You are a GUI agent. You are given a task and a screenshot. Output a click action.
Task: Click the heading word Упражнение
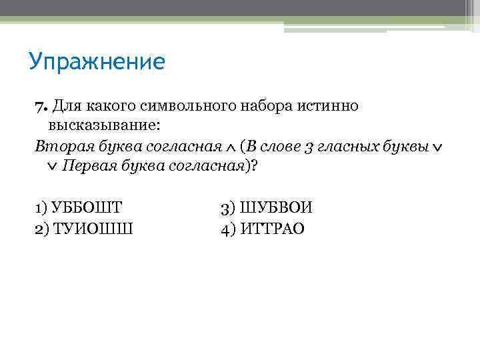click(97, 62)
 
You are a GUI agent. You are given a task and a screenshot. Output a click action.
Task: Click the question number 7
click(40, 106)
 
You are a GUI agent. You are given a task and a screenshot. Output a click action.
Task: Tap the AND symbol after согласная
click(230, 148)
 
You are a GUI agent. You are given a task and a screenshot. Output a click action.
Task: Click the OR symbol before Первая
click(53, 168)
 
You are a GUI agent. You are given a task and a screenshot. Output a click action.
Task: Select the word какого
click(111, 107)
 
